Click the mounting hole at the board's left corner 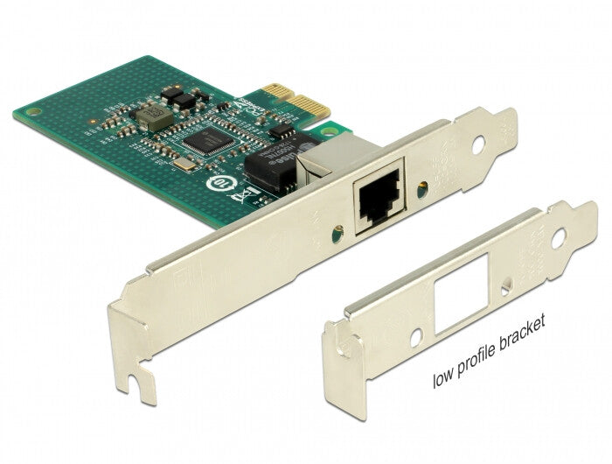click(x=32, y=114)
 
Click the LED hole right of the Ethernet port click(x=426, y=186)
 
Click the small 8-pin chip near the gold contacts click(x=282, y=132)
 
